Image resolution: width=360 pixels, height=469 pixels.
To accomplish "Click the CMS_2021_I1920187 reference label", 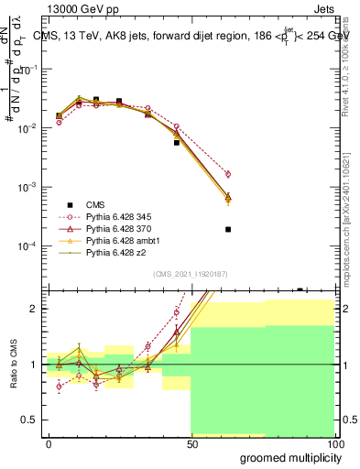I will (190, 273).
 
